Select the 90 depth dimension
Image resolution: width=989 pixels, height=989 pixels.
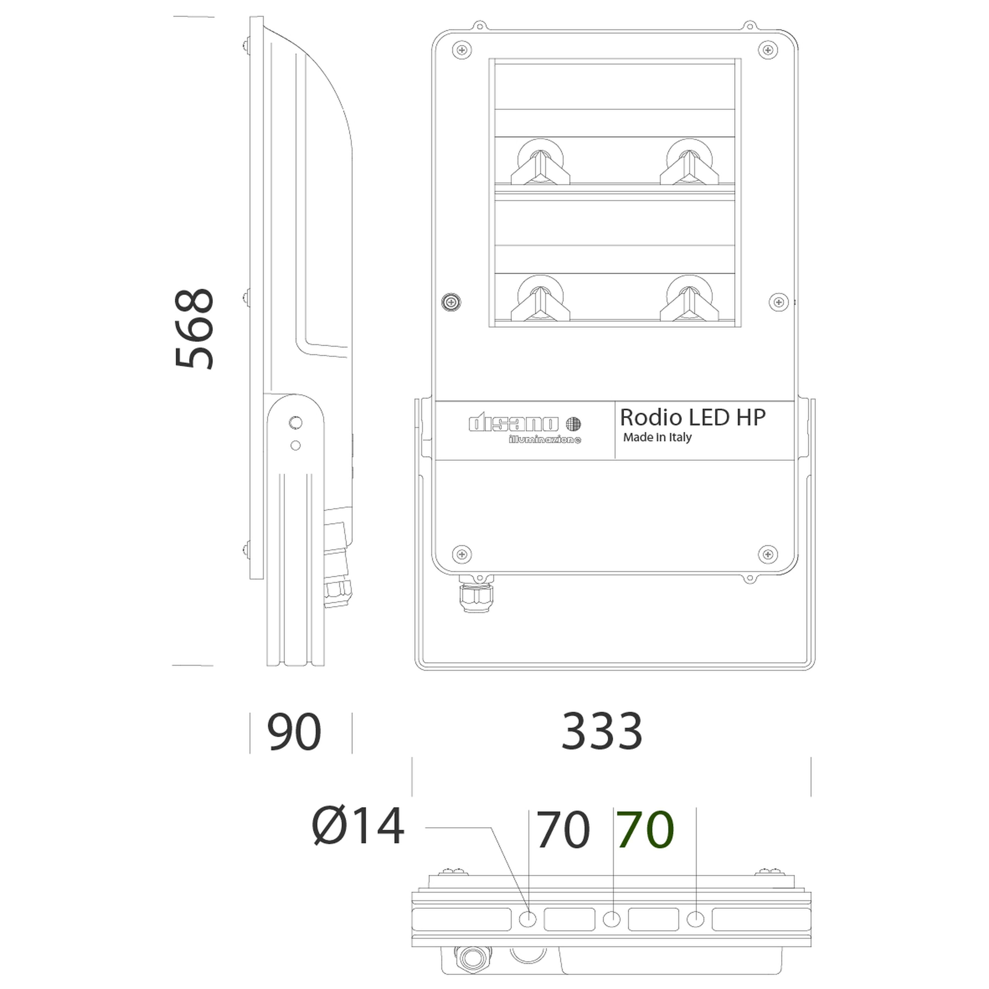pos(294,732)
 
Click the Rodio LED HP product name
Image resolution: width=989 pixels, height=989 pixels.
pos(693,418)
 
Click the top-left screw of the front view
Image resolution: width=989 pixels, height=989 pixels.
pos(462,50)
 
